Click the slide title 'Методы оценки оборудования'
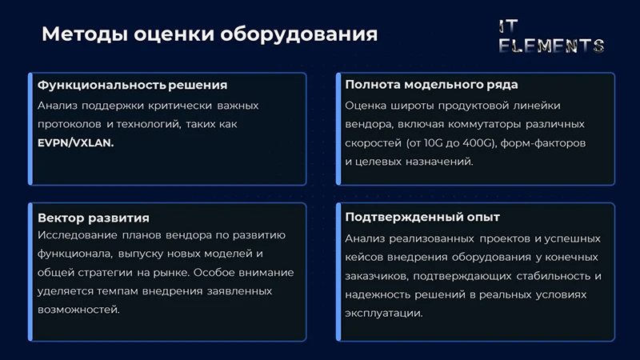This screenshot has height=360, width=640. pyautogui.click(x=209, y=34)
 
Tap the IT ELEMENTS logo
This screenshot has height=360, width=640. pyautogui.click(x=551, y=36)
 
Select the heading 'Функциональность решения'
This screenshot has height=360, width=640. pyautogui.click(x=133, y=85)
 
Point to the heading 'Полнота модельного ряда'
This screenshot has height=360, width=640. pyautogui.click(x=431, y=85)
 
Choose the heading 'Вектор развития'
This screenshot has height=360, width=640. pyautogui.click(x=94, y=218)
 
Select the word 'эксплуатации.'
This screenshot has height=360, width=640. pyautogui.click(x=384, y=314)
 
